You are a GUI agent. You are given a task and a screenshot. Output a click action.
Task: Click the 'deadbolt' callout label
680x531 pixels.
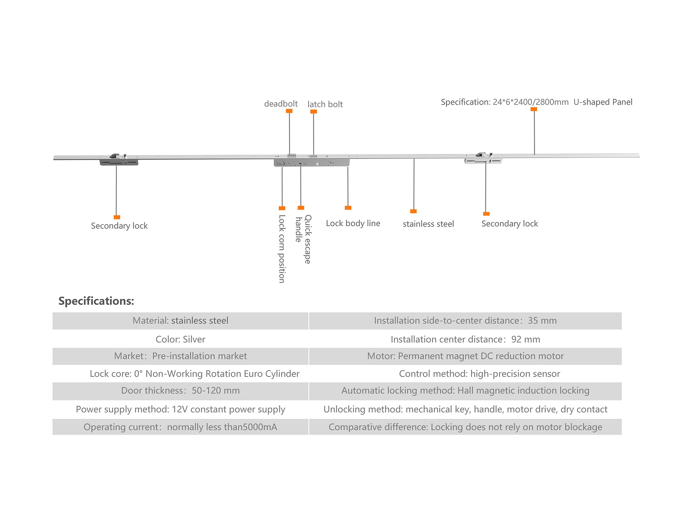point(281,104)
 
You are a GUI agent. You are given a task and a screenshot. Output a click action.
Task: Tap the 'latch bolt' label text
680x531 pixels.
point(325,104)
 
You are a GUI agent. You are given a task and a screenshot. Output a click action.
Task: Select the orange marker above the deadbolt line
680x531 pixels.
point(289,111)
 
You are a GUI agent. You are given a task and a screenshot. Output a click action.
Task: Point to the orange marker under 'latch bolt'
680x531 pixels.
point(313,112)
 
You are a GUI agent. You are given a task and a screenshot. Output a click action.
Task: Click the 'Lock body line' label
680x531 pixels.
point(353,223)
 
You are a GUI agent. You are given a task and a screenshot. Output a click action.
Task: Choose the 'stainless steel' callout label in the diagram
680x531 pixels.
point(428,224)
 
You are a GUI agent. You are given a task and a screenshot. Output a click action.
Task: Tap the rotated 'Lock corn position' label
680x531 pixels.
point(282,249)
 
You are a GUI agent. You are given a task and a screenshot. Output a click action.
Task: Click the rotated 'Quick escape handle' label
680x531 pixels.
point(303,239)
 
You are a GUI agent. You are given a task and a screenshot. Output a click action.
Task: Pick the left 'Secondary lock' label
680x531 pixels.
point(119,226)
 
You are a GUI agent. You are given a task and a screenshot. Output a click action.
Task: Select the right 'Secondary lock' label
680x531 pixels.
point(509,224)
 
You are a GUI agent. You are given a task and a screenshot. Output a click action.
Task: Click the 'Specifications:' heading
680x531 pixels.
point(96,301)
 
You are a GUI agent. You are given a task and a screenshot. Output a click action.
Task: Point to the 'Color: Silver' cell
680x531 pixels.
point(180,339)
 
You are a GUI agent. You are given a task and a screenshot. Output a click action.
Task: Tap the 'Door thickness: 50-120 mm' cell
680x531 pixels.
point(180,391)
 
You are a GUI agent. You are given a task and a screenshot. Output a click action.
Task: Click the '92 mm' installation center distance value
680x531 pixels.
point(526,339)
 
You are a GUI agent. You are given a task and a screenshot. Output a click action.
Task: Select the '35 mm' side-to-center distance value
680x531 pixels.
point(542,321)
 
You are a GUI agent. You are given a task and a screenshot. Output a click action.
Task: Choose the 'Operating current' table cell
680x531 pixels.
point(180,427)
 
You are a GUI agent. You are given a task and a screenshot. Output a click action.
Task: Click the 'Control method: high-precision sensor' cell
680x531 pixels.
point(479,374)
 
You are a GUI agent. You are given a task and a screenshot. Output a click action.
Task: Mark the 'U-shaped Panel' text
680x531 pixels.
point(603,102)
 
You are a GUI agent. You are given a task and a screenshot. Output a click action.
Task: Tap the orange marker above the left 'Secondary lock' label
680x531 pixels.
point(117,217)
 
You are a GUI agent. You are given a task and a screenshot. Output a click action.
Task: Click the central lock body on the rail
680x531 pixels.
point(312,162)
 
